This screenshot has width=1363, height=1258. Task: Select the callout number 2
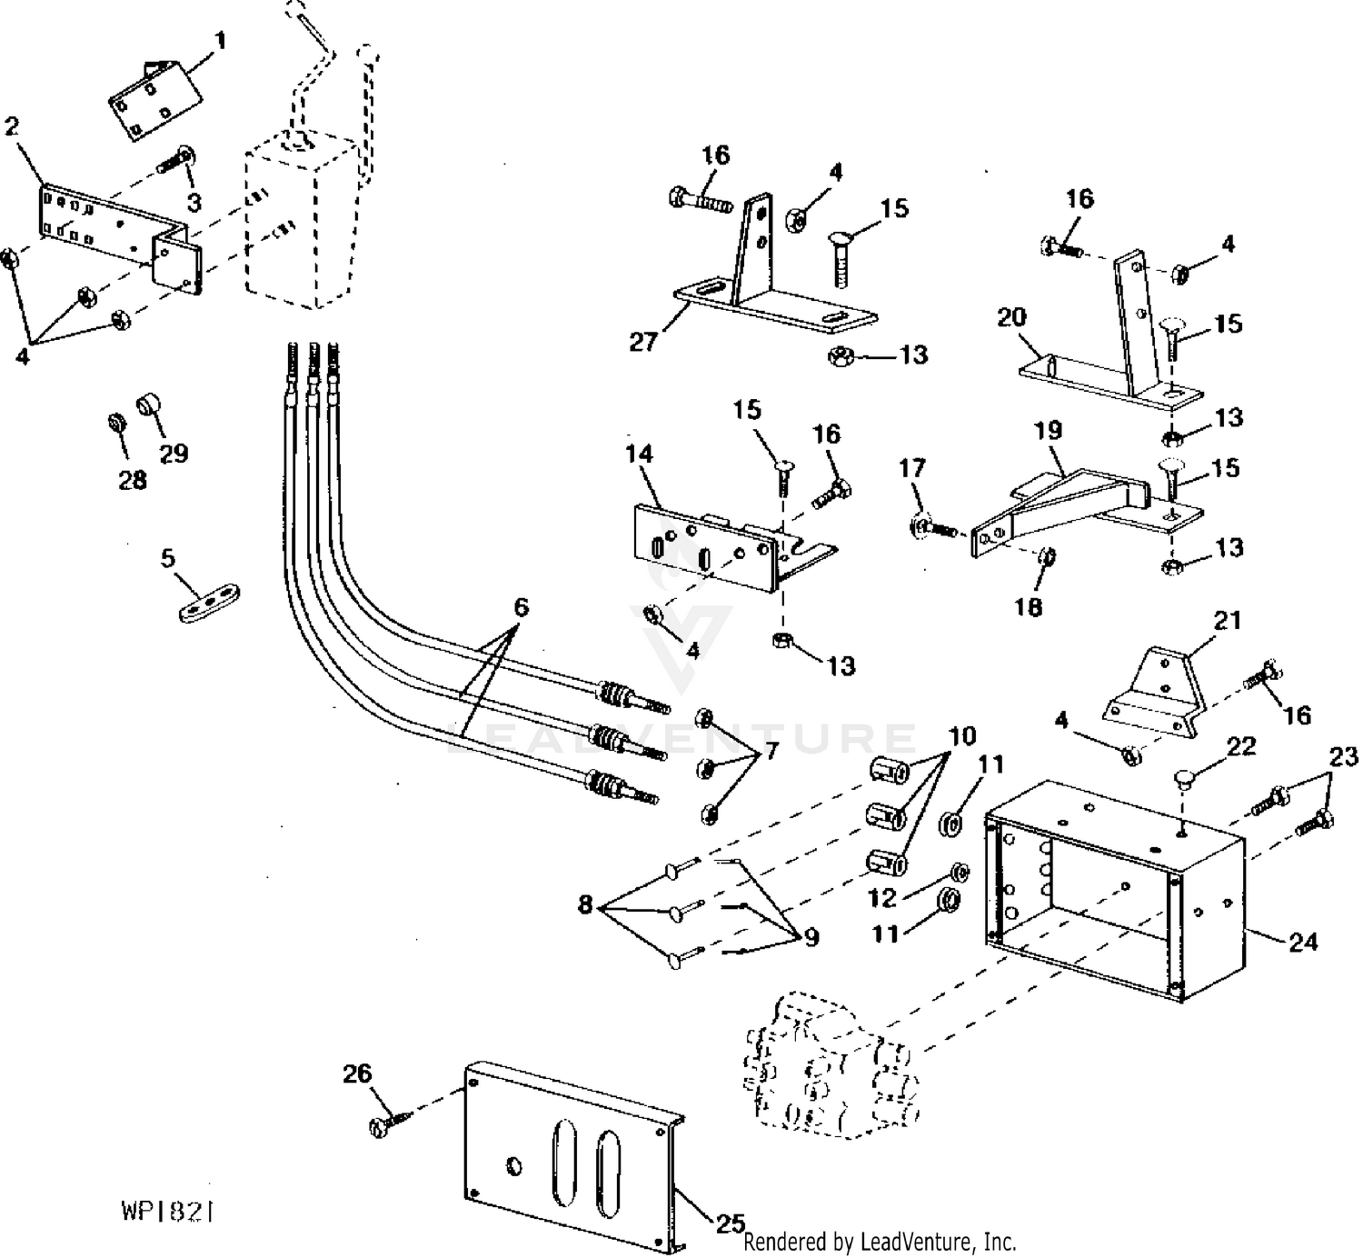coord(12,126)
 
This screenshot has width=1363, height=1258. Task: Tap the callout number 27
coord(643,343)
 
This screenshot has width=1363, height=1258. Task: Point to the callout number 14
coord(640,453)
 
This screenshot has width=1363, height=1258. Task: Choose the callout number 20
coord(1011,317)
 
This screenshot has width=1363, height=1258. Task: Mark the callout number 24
coord(1302,942)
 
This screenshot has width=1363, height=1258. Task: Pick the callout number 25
coord(730,1223)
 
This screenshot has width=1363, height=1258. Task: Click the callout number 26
coord(357,1073)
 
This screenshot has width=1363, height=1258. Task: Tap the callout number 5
coord(168,557)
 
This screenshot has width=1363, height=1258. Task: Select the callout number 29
coord(174,452)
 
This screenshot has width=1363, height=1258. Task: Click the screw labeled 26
coord(385,1123)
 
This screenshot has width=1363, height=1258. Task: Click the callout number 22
coord(1240,747)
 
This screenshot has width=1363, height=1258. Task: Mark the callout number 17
coord(912,468)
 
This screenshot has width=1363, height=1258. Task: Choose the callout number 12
coord(882,897)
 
